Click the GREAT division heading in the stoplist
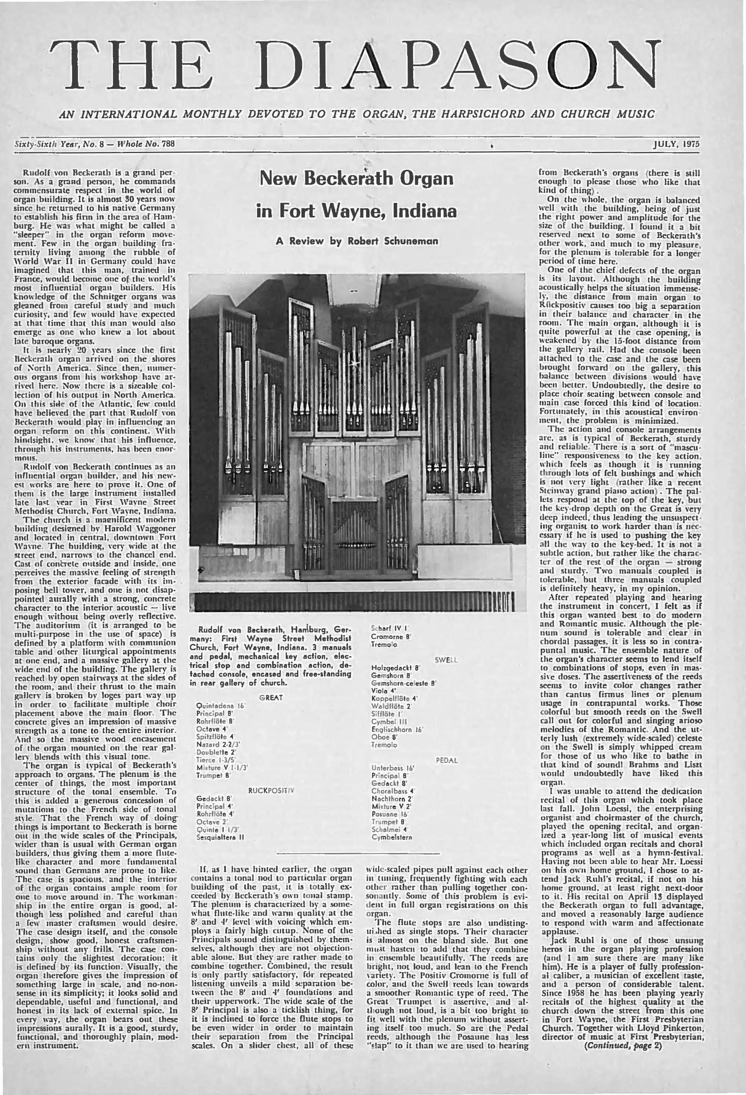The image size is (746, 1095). coord(271,698)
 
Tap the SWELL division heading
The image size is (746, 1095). coord(445,660)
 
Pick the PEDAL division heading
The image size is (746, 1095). coord(447,760)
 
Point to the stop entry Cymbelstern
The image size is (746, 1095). coord(392,837)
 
